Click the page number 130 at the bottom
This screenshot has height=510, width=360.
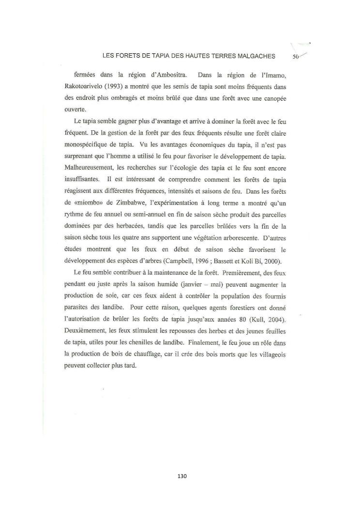pos(182,476)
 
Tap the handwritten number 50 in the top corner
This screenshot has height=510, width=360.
pos(297,56)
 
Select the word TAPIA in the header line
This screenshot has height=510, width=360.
pos(158,56)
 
